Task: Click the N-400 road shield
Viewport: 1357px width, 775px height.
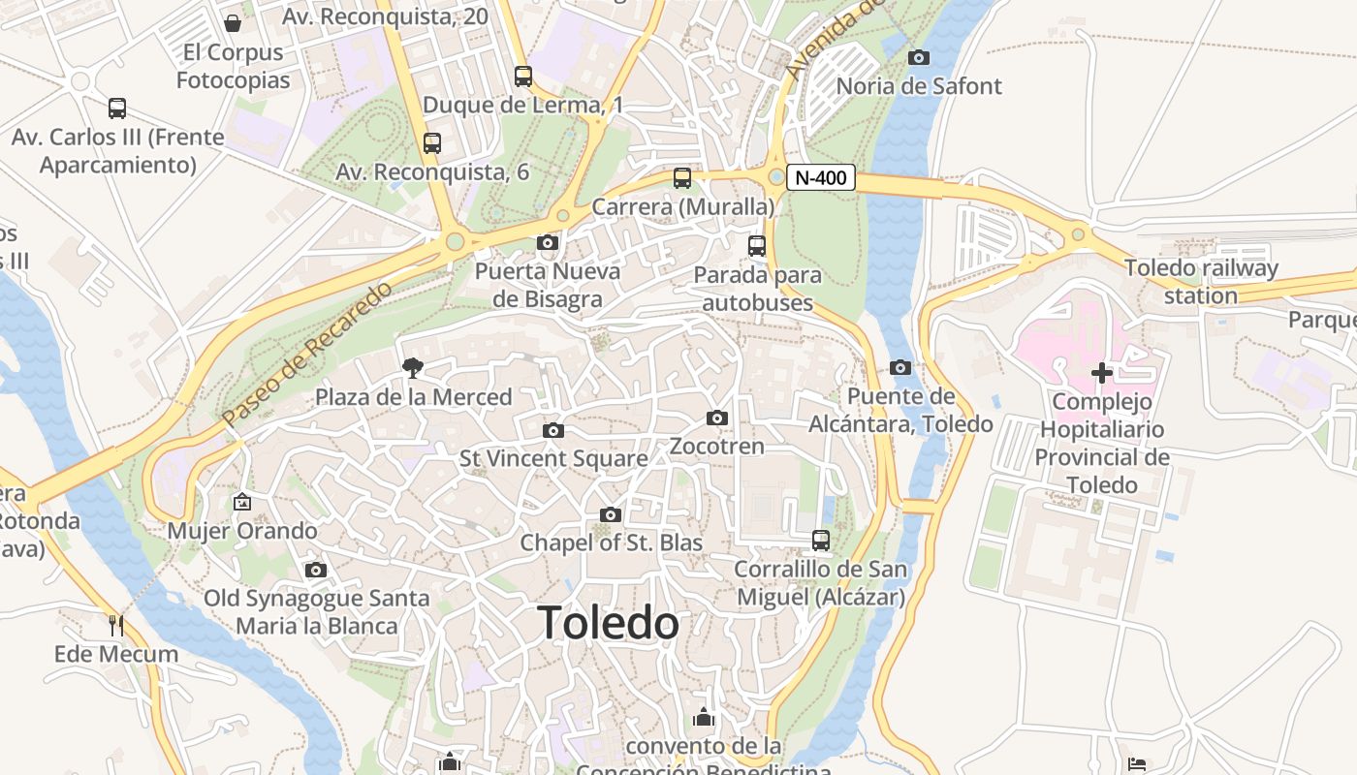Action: pyautogui.click(x=820, y=177)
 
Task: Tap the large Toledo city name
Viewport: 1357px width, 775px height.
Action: pyautogui.click(x=609, y=623)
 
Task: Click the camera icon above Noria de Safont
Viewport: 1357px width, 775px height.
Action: pyautogui.click(x=919, y=58)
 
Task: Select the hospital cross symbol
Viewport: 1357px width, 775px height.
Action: pyautogui.click(x=1101, y=373)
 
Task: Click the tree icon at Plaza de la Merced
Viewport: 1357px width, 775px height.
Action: pyautogui.click(x=413, y=368)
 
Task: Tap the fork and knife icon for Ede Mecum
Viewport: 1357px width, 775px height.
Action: pyautogui.click(x=116, y=626)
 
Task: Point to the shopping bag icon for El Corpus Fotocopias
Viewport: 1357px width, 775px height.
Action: pyautogui.click(x=233, y=23)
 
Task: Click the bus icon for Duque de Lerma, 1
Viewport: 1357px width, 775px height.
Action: pyautogui.click(x=523, y=77)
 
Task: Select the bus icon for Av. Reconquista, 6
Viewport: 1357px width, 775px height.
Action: pyautogui.click(x=432, y=143)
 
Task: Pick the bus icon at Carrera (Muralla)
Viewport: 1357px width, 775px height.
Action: pyautogui.click(x=682, y=178)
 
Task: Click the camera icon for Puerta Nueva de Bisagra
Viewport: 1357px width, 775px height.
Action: pyautogui.click(x=548, y=243)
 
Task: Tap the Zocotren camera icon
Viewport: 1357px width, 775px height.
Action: pyautogui.click(x=717, y=418)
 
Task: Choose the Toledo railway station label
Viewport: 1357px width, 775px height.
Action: pyautogui.click(x=1201, y=282)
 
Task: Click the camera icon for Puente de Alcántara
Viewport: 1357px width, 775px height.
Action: pyautogui.click(x=900, y=368)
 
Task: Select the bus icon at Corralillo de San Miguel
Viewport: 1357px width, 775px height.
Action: pyautogui.click(x=821, y=541)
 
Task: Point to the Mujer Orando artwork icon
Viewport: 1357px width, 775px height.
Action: pyautogui.click(x=241, y=502)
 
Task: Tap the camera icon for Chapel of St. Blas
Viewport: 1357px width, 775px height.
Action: pyautogui.click(x=611, y=514)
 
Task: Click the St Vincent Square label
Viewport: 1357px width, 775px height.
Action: pyautogui.click(x=553, y=458)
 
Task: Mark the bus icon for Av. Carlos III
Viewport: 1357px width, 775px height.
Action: pyautogui.click(x=117, y=108)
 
